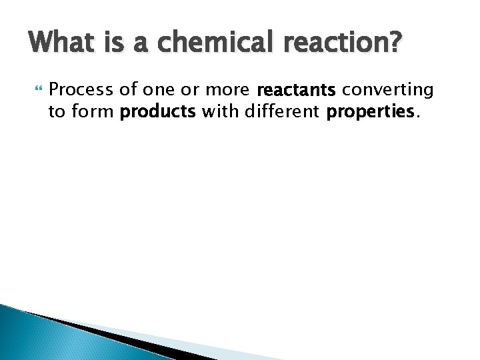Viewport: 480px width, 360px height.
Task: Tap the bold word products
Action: coord(157,112)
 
